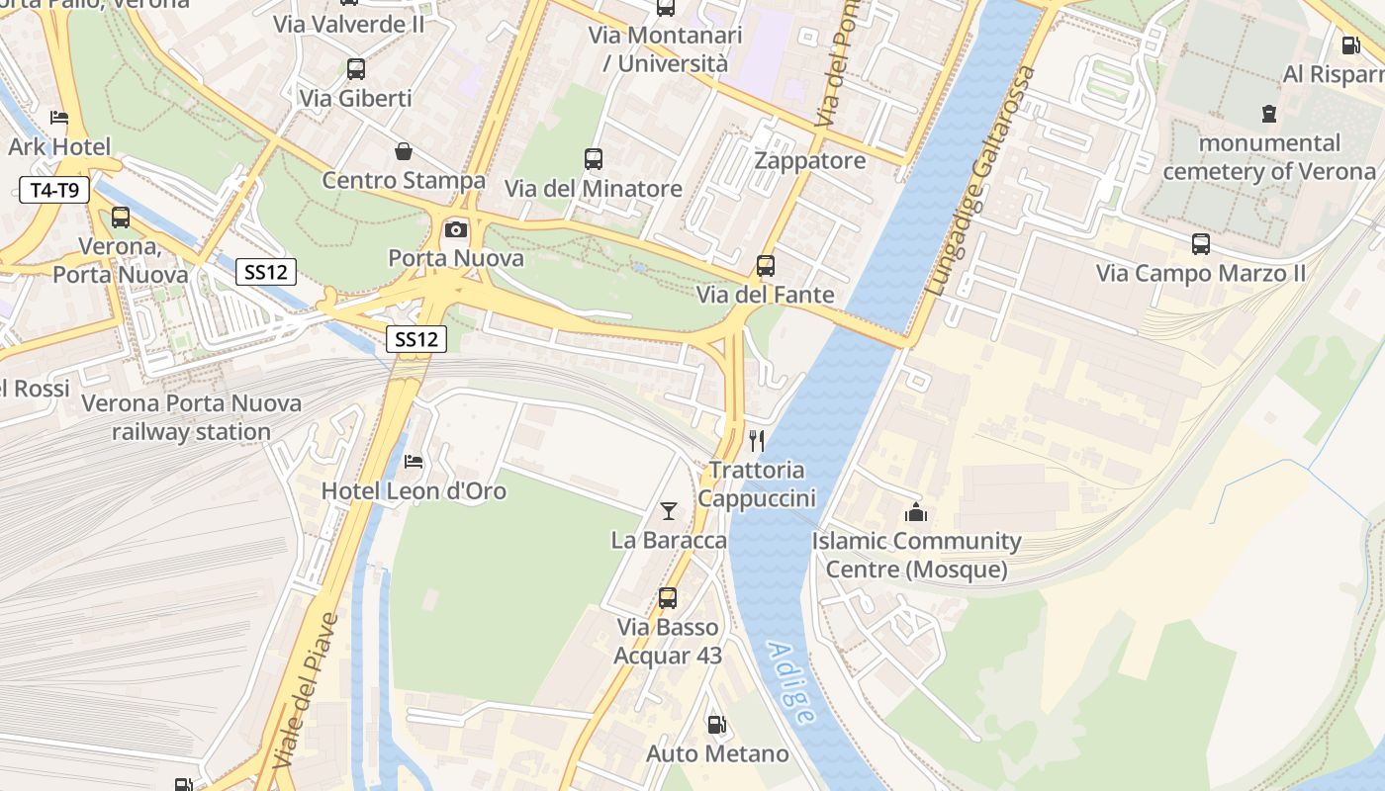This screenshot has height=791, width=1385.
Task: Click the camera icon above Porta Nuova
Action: coord(455,229)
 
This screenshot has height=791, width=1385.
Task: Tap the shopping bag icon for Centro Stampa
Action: coord(404,151)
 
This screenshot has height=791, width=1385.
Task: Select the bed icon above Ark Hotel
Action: coord(59,118)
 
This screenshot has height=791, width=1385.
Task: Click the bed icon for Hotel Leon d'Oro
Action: coord(414,462)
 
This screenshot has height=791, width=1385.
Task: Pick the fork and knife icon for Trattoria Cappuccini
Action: coord(757,441)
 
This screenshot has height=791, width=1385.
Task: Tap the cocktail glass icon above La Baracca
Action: coord(669,511)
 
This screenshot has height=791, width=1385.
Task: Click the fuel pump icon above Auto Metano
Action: coord(717,725)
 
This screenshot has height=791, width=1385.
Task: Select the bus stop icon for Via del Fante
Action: coord(766,265)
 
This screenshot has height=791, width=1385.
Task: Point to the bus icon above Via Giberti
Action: coord(356,69)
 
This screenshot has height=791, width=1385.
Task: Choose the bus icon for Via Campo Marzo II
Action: coord(1201,243)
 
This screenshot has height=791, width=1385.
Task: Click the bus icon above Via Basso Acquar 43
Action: coord(668,598)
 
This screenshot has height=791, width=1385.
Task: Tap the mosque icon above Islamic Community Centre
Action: coord(916,512)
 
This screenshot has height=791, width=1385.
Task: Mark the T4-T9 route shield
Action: coord(54,190)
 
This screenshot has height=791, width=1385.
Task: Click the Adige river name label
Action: coord(791,683)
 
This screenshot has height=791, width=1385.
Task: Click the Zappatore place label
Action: coord(809,160)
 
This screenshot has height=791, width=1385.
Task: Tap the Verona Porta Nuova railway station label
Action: coord(191,417)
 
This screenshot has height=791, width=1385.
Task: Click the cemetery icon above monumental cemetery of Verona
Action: coord(1269,114)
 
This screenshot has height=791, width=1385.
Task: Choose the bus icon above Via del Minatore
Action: coord(594,158)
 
